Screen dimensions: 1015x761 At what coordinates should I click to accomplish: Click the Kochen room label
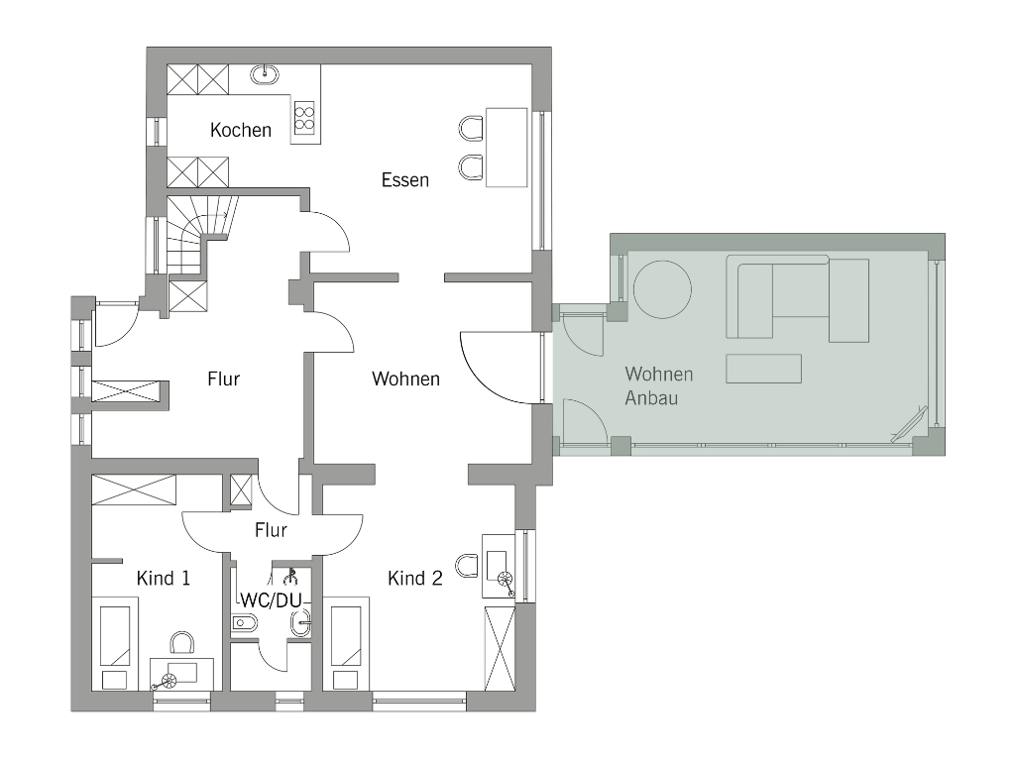(x=241, y=130)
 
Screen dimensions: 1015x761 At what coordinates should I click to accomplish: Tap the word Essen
(x=405, y=180)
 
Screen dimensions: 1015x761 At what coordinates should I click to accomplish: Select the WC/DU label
(x=272, y=600)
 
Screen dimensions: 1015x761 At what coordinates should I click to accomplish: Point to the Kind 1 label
(x=164, y=578)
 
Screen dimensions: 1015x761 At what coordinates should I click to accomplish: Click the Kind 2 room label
(x=415, y=578)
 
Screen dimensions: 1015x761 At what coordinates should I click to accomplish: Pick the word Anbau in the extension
(x=651, y=398)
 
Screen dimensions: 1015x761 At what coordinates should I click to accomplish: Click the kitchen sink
(x=265, y=74)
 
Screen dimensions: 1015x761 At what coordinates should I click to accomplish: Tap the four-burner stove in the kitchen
(x=304, y=118)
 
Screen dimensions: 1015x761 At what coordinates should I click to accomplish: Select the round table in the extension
(x=662, y=289)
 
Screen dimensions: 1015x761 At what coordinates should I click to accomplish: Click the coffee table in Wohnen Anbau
(x=764, y=369)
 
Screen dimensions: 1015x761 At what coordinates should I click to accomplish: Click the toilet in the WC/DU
(x=244, y=624)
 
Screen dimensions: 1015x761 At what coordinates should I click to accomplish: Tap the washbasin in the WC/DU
(x=301, y=624)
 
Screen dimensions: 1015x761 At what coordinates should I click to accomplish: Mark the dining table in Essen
(x=507, y=148)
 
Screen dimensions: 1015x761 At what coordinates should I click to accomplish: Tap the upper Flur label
(x=223, y=379)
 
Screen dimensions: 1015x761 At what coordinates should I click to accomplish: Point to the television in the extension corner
(x=910, y=424)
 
